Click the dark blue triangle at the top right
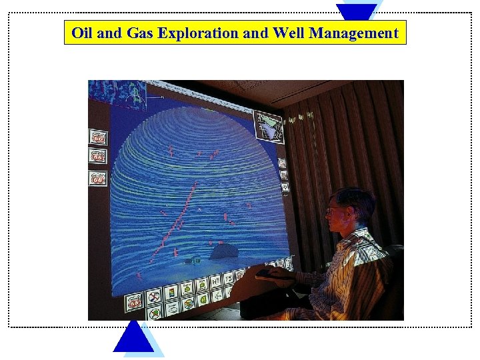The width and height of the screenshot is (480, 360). point(356,10)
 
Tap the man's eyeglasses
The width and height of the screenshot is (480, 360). point(333,211)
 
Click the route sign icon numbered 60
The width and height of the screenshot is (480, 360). point(98,137)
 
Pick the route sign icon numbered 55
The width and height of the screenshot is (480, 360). point(98,157)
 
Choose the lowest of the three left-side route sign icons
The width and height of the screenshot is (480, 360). point(98,178)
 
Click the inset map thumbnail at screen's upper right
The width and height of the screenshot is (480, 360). point(271,126)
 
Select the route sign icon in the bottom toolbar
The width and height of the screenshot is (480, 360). point(135,301)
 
